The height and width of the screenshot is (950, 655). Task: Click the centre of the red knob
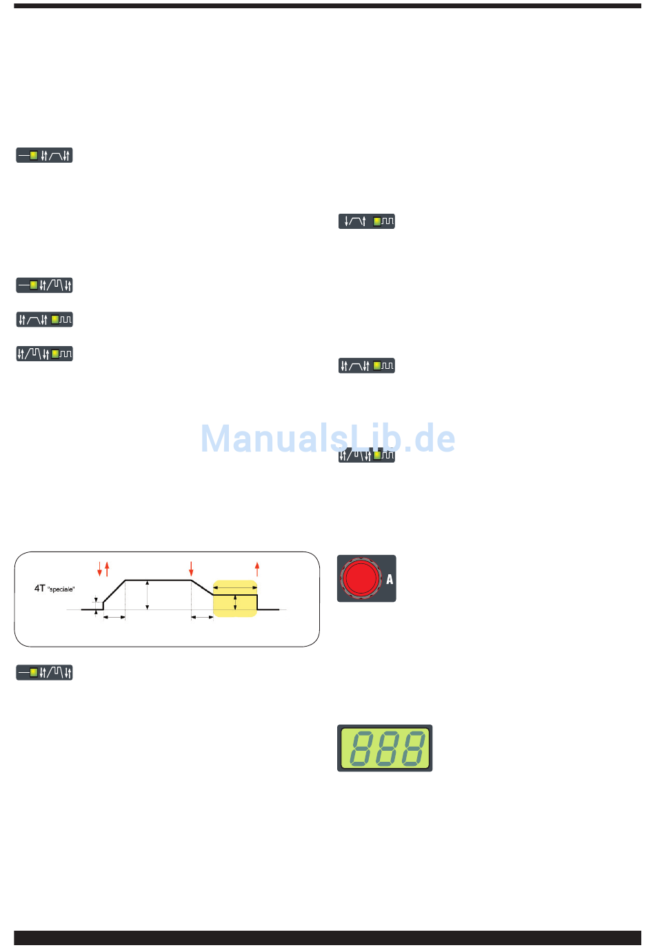point(361,578)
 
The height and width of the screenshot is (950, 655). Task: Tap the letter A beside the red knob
point(390,579)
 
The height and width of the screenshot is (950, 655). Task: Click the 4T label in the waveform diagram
point(39,588)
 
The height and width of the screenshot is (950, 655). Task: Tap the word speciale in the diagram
point(61,589)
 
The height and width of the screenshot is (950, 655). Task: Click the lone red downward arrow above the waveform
point(191,569)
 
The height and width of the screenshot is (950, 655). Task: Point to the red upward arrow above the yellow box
point(257,569)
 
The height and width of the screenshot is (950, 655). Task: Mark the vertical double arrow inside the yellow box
point(235,603)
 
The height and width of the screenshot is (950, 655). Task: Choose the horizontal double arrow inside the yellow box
point(235,587)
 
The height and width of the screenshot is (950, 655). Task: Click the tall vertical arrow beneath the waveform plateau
point(148,595)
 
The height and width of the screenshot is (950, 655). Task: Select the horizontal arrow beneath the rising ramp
point(114,617)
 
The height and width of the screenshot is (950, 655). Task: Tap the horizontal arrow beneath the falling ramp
point(202,617)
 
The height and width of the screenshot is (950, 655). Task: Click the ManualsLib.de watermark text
point(327,438)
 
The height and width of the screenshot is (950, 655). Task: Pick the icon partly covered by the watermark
point(366,455)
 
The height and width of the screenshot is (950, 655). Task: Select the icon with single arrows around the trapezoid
point(366,221)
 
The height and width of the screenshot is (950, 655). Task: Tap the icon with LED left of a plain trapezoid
point(44,155)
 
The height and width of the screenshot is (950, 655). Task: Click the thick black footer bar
point(327,938)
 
